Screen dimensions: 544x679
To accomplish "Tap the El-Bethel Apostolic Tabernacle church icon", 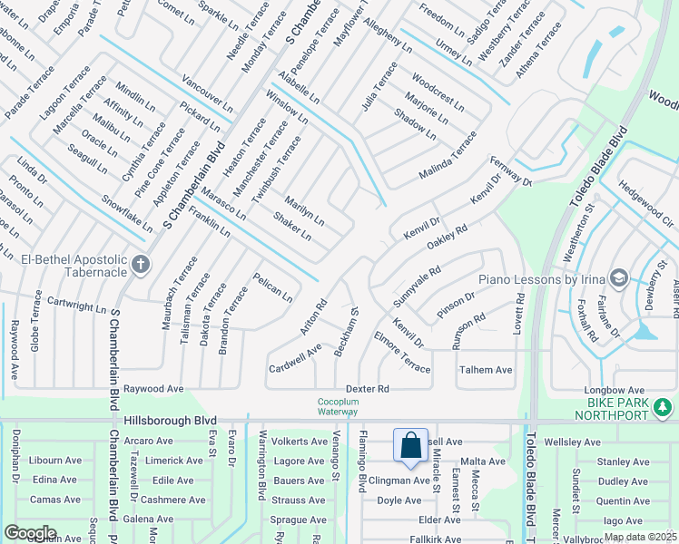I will [140, 265].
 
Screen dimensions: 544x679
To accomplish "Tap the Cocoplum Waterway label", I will [338, 406].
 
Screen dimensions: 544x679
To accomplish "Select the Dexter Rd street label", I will [367, 388].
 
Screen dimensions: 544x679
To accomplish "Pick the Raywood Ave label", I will [153, 388].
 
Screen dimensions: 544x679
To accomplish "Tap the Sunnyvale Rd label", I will [417, 285].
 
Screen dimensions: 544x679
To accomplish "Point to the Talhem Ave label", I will [486, 370].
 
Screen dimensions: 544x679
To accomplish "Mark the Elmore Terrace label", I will [401, 352].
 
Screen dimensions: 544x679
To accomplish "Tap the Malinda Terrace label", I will [448, 155].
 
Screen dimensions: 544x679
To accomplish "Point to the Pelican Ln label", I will [272, 287].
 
